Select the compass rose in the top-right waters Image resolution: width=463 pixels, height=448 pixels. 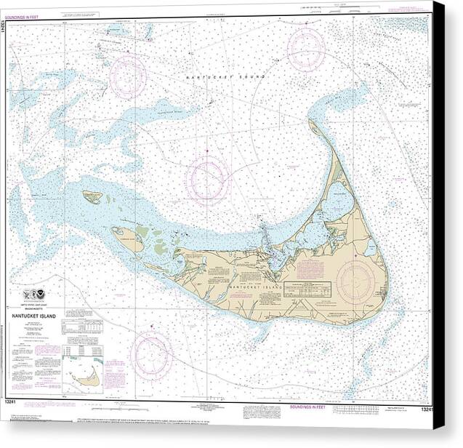(x=306, y=49)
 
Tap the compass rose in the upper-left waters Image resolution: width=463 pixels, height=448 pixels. (x=128, y=76)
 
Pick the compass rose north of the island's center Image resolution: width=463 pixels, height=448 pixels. (x=208, y=179)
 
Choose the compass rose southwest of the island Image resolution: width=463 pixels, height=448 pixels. (x=151, y=355)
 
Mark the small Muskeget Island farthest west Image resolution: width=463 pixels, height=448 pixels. (x=92, y=196)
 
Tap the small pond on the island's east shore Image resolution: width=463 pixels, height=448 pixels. (x=371, y=248)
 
